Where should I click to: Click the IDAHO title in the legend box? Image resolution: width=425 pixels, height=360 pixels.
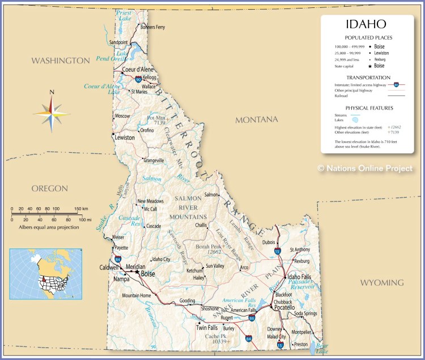click(x=365, y=24)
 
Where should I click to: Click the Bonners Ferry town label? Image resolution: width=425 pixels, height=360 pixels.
click(x=152, y=27)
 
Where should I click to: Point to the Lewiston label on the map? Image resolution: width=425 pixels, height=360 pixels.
click(x=125, y=138)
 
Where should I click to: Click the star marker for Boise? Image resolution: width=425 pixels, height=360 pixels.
click(x=137, y=272)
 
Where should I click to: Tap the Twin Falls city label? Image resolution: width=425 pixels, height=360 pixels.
click(x=207, y=328)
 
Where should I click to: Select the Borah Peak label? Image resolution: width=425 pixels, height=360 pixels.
click(x=208, y=247)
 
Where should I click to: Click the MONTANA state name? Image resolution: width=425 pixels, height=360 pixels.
click(x=257, y=119)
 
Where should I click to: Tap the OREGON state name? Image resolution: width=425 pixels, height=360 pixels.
click(x=49, y=188)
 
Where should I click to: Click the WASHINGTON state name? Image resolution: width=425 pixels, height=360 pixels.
click(x=60, y=61)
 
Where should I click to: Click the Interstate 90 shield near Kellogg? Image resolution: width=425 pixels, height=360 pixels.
click(x=138, y=80)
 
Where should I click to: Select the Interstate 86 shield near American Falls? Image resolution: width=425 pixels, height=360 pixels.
click(x=252, y=319)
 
